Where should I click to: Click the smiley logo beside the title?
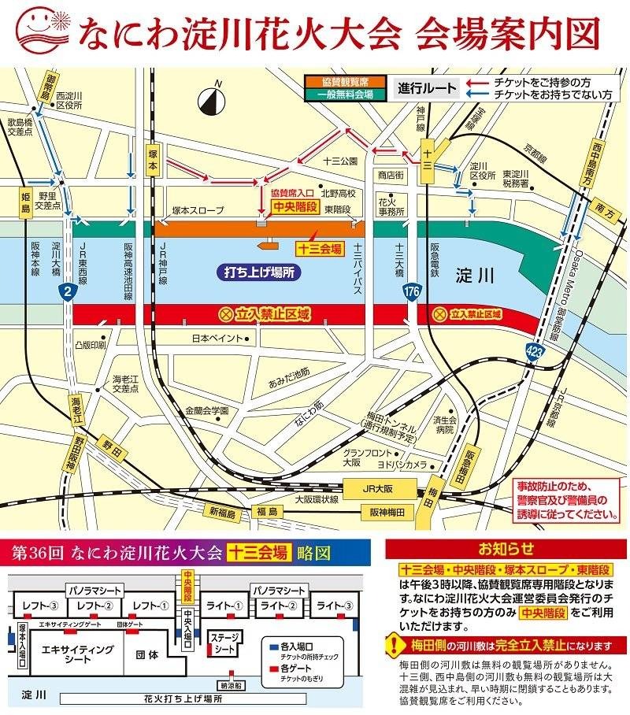pyautogui.click(x=41, y=31)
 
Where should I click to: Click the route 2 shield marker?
pyautogui.click(x=70, y=293)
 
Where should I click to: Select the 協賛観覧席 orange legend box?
pyautogui.click(x=346, y=82)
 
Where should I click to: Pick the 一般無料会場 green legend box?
pyautogui.click(x=346, y=94)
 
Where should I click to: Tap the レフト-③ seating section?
pyautogui.click(x=36, y=606)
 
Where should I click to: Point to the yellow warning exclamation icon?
pyautogui.click(x=395, y=646)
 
